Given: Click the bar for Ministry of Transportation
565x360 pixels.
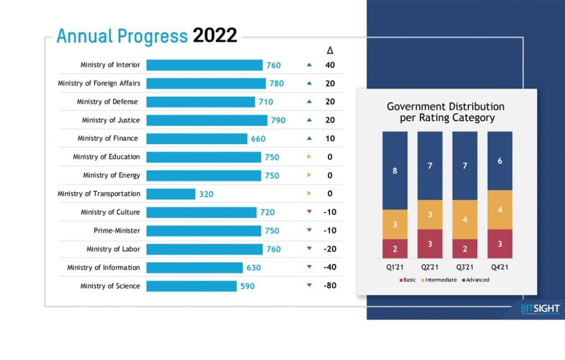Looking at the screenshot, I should pos(170,194).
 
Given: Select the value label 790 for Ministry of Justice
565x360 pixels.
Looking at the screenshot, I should pos(278,120).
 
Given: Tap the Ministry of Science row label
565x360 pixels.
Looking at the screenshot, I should pos(110,286).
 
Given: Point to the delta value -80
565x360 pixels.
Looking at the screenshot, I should pos(329,286).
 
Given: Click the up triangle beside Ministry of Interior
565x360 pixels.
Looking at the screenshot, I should pos(309,65).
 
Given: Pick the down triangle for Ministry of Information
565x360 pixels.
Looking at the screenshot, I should pos(309,267).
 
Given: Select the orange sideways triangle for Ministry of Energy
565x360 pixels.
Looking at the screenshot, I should pos(309,175).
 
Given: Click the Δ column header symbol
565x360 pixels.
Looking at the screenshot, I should pos(330,50).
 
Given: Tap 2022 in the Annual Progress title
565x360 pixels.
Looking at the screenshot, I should pos(215,36).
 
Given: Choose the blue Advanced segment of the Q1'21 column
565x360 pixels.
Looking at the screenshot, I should pos(395,171).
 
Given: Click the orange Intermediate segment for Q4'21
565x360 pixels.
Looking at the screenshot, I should pos(500,210).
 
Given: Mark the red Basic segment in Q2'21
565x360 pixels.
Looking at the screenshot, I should pos(430,243).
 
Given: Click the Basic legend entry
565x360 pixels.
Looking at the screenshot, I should pos(408,280).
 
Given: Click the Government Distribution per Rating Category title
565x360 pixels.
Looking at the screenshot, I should pos(445,112).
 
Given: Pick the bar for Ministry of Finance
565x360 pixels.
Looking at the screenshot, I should pos(196,139).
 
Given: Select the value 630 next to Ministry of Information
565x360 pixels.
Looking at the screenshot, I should pos(253,268).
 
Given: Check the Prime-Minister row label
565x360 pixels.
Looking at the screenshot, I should pos(116,231).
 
